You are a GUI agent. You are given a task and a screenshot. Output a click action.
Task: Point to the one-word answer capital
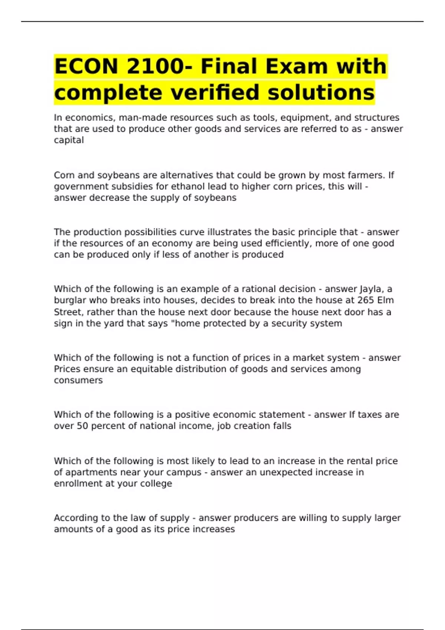(x=69, y=140)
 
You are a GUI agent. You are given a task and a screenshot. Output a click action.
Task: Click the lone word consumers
(x=78, y=380)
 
